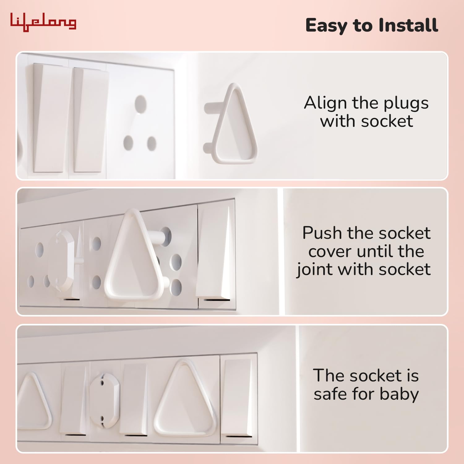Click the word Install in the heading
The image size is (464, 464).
[x=408, y=25]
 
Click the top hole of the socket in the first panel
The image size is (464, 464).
[x=140, y=104]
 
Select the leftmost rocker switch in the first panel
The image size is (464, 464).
[x=49, y=118]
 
